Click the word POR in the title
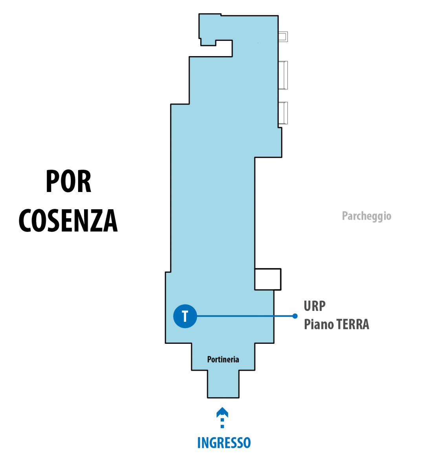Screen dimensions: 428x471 click(68, 181)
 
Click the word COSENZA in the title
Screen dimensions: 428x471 click(68, 221)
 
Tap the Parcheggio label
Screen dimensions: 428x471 click(366, 216)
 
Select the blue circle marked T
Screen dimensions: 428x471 click(185, 316)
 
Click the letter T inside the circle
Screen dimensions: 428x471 click(185, 316)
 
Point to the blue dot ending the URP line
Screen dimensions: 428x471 click(295, 316)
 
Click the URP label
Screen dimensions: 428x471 click(315, 306)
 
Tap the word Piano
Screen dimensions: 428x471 click(319, 324)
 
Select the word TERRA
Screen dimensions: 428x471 click(353, 324)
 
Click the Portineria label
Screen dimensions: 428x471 click(223, 360)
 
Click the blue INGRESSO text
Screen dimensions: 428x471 click(224, 443)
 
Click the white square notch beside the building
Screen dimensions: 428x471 click(268, 279)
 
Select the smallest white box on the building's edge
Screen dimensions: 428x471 click(283, 37)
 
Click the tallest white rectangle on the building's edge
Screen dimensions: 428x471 click(283, 75)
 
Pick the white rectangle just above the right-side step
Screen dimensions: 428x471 click(283, 113)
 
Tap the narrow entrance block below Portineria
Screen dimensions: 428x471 click(223, 384)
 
